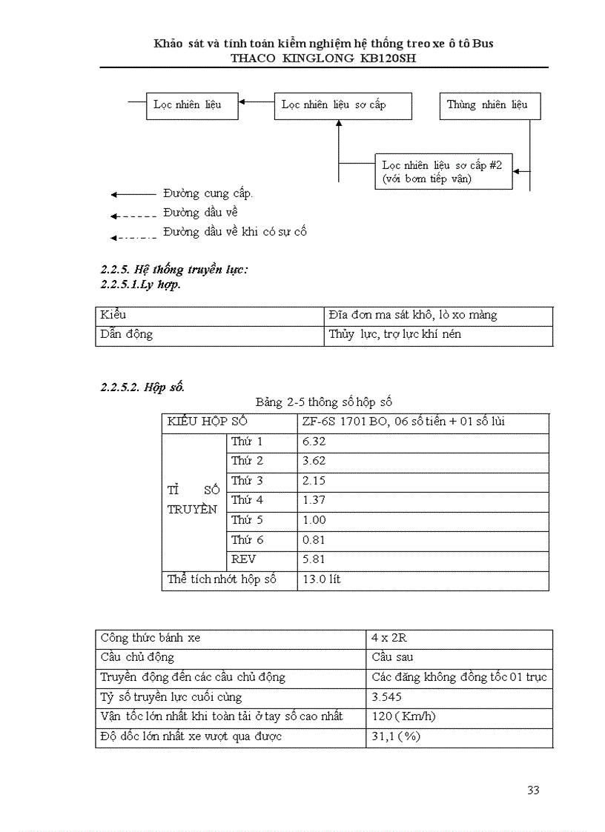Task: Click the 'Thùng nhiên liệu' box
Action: [x=489, y=105]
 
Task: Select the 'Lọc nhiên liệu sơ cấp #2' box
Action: [x=443, y=172]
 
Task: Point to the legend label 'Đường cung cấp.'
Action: [x=208, y=194]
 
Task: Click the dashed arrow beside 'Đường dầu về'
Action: [x=133, y=216]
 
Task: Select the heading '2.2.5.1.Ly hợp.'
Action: [x=141, y=284]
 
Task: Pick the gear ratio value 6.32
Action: [x=314, y=442]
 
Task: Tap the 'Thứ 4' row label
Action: [x=247, y=500]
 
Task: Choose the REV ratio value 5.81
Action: [x=314, y=559]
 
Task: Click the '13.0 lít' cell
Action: [x=322, y=579]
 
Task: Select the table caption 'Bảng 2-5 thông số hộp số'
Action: [x=323, y=403]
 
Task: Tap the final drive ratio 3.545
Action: [x=387, y=697]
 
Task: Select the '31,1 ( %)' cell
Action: [x=397, y=737]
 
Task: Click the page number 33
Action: [x=533, y=791]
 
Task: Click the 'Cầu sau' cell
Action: [x=393, y=658]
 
